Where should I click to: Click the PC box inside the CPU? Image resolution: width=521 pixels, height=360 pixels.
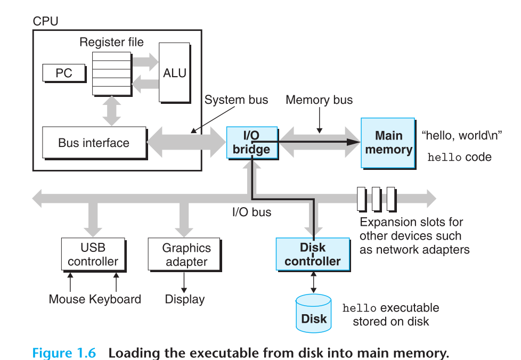tap(64, 73)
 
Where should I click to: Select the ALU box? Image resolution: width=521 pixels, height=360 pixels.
tap(174, 73)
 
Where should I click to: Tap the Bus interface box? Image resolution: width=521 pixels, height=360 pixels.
tap(94, 143)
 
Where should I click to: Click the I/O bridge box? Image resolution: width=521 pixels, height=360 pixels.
tap(251, 142)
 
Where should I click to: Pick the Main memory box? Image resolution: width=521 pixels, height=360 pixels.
tap(388, 143)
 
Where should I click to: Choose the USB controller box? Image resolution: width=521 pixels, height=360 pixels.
tap(93, 255)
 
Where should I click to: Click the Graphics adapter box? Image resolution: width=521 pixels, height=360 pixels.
tap(186, 255)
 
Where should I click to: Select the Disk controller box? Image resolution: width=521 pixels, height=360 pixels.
tap(313, 254)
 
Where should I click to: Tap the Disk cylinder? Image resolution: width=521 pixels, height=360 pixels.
tap(314, 314)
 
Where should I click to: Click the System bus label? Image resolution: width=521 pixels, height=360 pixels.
tap(237, 100)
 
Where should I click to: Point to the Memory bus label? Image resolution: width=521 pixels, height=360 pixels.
tap(319, 100)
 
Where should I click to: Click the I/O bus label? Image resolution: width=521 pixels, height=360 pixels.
tap(251, 212)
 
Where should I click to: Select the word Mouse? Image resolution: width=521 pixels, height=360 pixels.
tap(67, 299)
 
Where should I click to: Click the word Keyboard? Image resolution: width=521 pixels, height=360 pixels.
tap(115, 299)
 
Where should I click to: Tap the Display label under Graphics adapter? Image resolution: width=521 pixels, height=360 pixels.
tap(185, 299)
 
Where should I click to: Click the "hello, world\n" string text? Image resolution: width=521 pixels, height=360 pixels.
tap(461, 135)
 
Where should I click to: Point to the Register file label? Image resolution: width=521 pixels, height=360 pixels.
tap(112, 42)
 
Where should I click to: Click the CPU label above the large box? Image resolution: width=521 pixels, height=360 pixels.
tap(46, 22)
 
